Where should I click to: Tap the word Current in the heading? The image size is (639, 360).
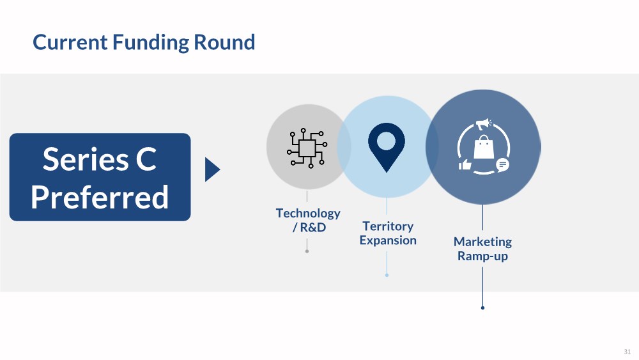[x=70, y=43]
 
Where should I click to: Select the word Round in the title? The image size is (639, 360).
[x=224, y=43]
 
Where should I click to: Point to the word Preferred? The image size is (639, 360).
[x=100, y=197]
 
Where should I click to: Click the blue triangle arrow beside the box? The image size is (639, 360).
[x=212, y=169]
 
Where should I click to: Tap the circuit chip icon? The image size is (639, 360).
[x=307, y=148]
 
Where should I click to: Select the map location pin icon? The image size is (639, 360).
[x=387, y=146]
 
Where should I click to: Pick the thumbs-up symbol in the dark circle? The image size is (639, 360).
[x=465, y=165]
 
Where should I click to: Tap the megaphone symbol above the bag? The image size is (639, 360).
[x=482, y=124]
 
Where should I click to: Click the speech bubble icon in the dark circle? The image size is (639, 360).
[x=502, y=164]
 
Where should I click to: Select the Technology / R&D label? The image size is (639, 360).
[x=308, y=220]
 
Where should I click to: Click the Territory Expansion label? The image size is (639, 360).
[x=388, y=233]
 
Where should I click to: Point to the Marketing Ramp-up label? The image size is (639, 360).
[x=482, y=249]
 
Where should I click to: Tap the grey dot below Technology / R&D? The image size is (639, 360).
[x=307, y=251]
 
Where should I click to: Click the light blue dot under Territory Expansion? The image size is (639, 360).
[x=387, y=275]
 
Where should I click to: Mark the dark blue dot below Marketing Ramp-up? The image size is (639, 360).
[x=482, y=308]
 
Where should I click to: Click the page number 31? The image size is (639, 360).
[x=627, y=351]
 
